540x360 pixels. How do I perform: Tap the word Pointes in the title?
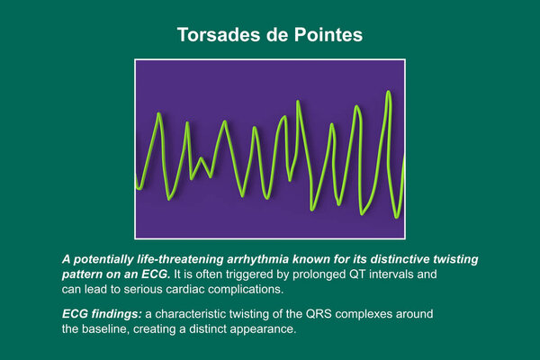328,35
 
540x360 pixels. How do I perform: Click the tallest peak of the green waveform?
389,92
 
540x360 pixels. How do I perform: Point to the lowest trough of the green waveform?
396,217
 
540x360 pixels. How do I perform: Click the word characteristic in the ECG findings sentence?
191,314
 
